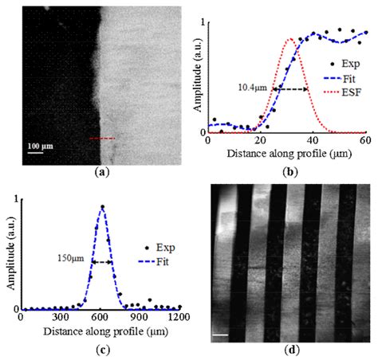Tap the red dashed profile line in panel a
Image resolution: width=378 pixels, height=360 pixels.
tap(101, 139)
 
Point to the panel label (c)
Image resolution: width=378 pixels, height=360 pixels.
tap(101, 346)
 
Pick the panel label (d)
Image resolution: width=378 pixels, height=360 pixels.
tap(289, 348)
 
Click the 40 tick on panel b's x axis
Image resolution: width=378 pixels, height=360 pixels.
tap(313, 140)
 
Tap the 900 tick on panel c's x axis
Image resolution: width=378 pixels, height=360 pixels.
tap(140, 317)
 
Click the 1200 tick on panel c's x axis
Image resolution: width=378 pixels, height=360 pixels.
tap(179, 317)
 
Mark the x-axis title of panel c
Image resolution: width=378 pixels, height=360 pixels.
tap(102, 327)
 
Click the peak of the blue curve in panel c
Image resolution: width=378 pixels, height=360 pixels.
tap(102, 208)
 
